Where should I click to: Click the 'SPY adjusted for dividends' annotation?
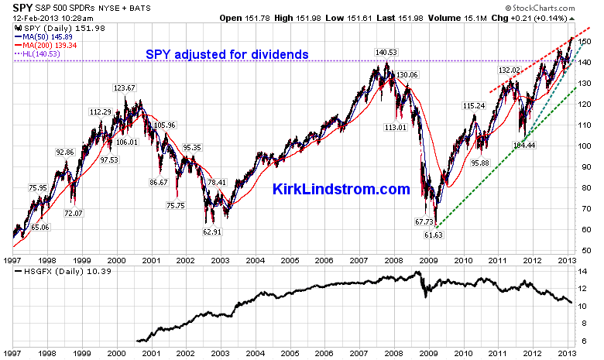click(228, 55)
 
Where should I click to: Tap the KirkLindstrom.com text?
click(341, 189)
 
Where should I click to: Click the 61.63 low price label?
click(434, 234)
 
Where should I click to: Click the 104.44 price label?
click(524, 144)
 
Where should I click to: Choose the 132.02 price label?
click(509, 70)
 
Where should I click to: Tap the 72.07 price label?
click(74, 213)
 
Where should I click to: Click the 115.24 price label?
click(474, 105)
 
